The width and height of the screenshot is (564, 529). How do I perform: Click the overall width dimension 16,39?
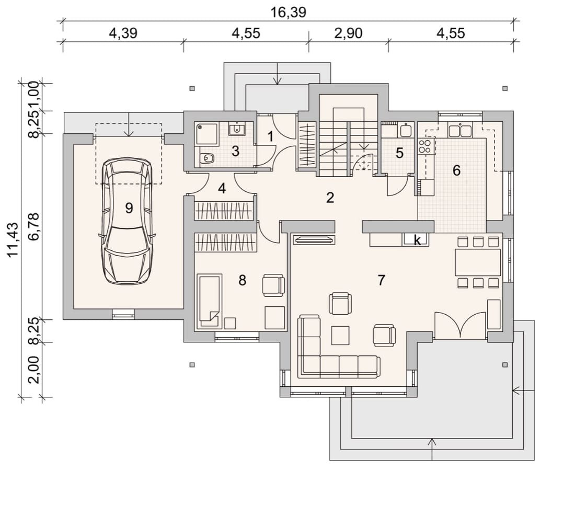288,12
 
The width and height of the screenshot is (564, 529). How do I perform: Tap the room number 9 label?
129,208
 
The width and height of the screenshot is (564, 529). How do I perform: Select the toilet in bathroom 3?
206,158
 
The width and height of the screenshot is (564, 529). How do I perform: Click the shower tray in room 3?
206,134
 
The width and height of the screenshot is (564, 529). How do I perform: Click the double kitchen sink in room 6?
460,130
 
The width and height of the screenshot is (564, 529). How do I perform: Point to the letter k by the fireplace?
417,240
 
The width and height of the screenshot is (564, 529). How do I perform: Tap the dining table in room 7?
478,262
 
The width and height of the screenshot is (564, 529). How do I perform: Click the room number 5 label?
400,153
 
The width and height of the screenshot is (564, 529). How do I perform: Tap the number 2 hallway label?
330,198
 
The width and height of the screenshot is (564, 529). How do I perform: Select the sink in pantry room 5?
407,130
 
